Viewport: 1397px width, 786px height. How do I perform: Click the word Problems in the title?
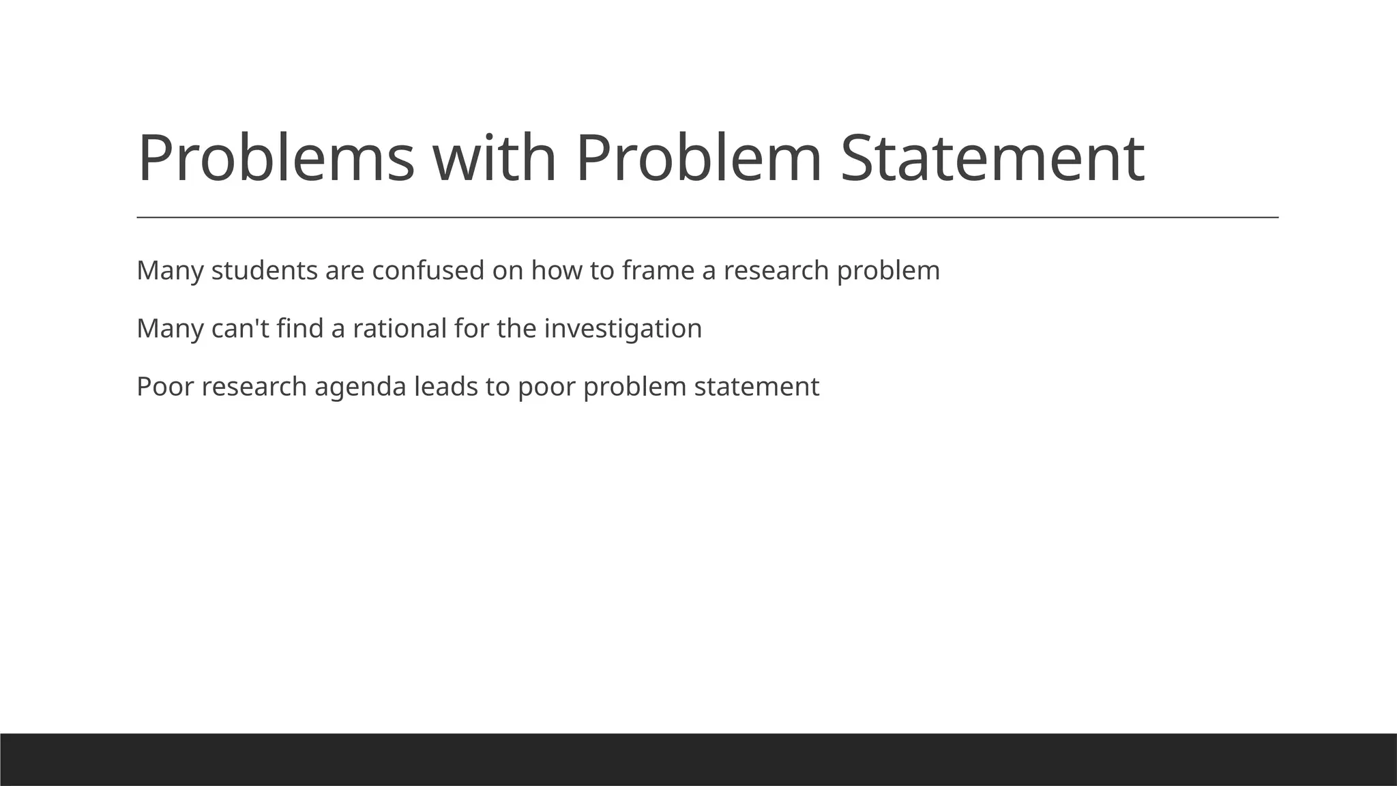click(276, 158)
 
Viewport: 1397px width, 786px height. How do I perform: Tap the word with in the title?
click(495, 158)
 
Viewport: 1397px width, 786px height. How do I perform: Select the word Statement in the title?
click(992, 158)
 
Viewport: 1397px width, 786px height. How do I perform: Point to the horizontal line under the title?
click(707, 218)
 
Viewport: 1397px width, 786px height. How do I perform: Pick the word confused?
click(428, 271)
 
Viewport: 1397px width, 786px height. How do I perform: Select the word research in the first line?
click(776, 271)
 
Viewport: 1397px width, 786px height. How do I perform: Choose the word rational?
click(400, 329)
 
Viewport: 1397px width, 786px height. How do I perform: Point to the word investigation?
click(623, 329)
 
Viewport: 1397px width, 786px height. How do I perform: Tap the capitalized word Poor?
click(165, 387)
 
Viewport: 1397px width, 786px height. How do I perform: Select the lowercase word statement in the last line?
click(756, 387)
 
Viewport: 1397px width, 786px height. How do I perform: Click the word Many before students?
click(170, 271)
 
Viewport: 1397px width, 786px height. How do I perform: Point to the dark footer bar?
click(698, 759)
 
